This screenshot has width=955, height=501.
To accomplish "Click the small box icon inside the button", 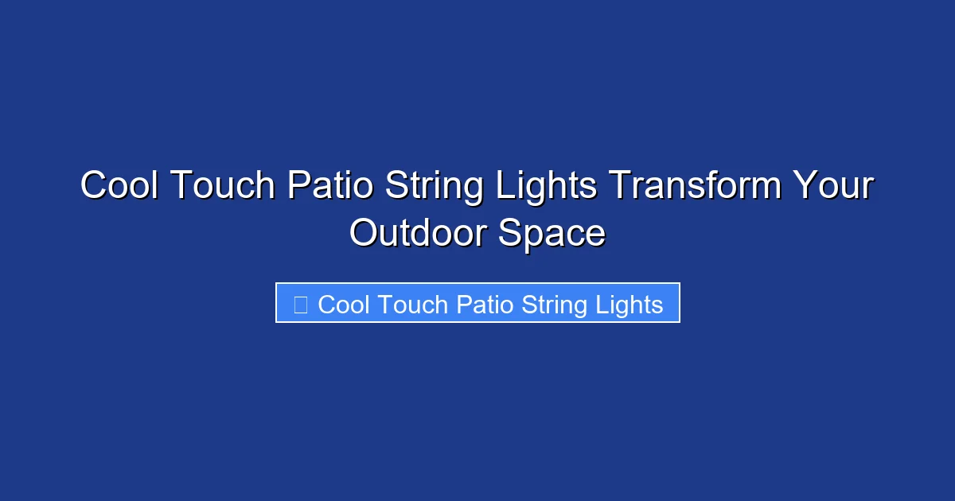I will pyautogui.click(x=300, y=304).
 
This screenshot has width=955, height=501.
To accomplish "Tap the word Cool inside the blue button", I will pyautogui.click(x=344, y=304).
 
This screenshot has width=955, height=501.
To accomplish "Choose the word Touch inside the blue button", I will pyautogui.click(x=412, y=304).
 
